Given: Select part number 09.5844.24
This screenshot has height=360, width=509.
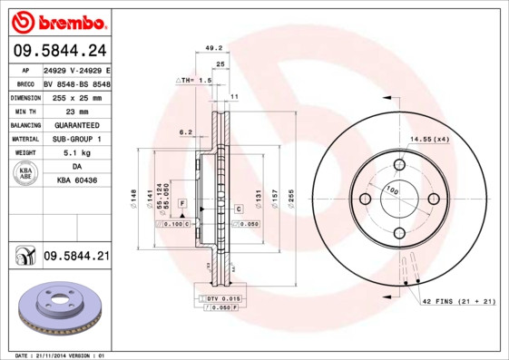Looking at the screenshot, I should [x=57, y=51].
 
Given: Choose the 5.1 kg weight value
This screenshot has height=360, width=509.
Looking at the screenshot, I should [x=76, y=153].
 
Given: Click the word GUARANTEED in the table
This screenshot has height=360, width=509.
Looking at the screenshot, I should [x=76, y=124].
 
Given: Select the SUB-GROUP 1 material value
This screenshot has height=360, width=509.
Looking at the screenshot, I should [x=76, y=139].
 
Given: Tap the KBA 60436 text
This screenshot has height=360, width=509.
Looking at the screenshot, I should [x=76, y=181].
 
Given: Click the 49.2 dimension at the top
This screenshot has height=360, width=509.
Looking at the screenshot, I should [x=213, y=48].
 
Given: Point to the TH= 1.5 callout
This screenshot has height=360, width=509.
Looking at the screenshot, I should [x=194, y=81].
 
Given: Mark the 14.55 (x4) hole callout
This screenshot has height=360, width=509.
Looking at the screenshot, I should [x=429, y=139].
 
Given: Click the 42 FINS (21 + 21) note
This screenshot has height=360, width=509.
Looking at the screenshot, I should [x=456, y=300].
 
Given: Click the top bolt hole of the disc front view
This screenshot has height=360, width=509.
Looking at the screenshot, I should [x=398, y=165].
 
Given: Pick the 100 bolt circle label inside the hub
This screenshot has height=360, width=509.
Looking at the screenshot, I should [x=393, y=191].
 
